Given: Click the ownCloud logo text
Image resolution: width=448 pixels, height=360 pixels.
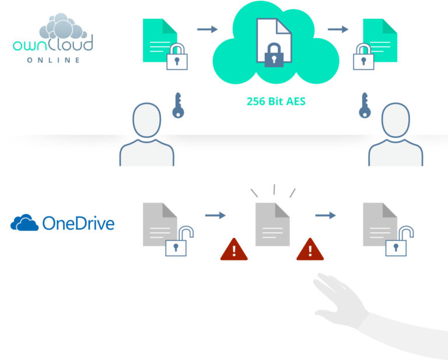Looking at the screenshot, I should pyautogui.click(x=53, y=44).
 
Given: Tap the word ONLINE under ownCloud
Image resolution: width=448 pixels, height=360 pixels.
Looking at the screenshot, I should pyautogui.click(x=53, y=60).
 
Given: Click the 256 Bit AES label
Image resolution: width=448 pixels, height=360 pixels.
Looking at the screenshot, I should pyautogui.click(x=276, y=101).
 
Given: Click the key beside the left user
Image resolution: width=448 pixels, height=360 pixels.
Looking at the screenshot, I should pyautogui.click(x=178, y=106).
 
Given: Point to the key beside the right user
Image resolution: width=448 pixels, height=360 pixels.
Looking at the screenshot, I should pyautogui.click(x=366, y=106).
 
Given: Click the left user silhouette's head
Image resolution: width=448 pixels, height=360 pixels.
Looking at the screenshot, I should pyautogui.click(x=146, y=122).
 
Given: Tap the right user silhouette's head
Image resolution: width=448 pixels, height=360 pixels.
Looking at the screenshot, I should pyautogui.click(x=395, y=122).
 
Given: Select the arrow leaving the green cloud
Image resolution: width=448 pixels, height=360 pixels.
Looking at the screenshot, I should pyautogui.click(x=338, y=29).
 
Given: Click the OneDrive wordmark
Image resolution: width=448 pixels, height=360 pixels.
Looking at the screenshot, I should pyautogui.click(x=78, y=223).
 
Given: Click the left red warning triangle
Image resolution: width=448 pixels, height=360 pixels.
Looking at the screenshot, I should pyautogui.click(x=234, y=249).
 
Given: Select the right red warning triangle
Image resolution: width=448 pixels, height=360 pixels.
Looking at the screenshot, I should pyautogui.click(x=310, y=249).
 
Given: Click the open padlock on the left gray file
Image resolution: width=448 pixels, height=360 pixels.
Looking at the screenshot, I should pyautogui.click(x=178, y=243).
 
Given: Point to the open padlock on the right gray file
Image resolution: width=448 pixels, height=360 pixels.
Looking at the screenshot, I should pyautogui.click(x=398, y=243).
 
